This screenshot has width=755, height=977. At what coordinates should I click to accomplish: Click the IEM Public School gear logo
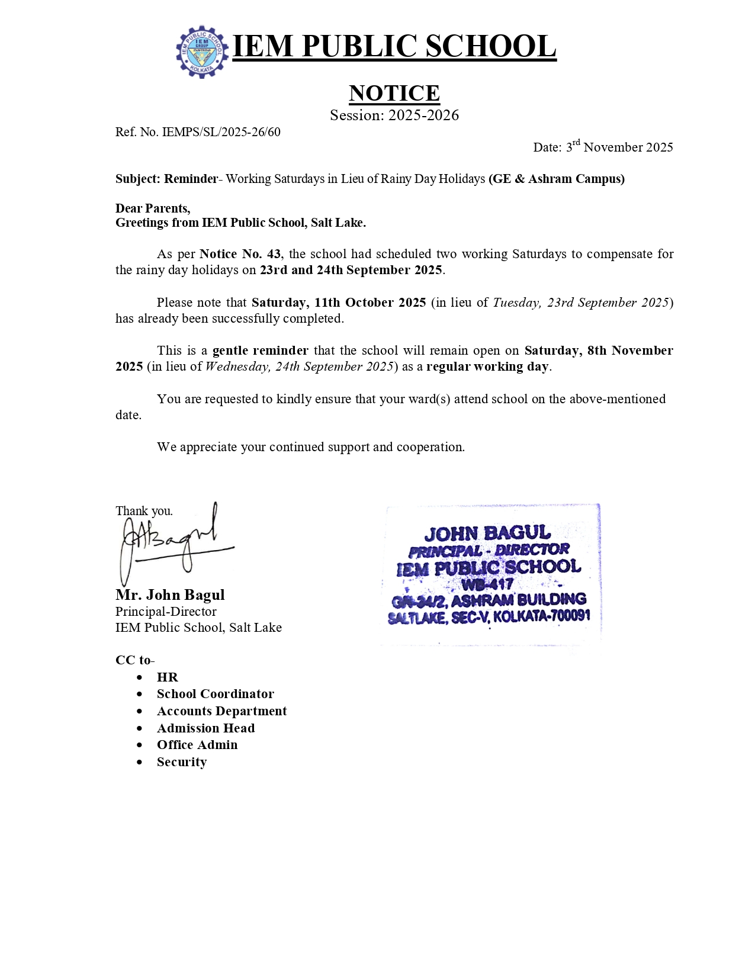[x=202, y=52]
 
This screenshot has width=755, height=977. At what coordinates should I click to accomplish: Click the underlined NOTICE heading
[x=394, y=93]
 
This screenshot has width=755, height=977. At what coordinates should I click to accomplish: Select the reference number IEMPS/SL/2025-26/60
[x=221, y=132]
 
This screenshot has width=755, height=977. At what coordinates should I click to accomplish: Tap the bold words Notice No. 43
[x=240, y=254]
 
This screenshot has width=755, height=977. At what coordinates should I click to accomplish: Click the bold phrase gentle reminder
[x=260, y=351]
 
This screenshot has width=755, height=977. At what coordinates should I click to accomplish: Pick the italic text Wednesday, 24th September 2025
[x=300, y=367]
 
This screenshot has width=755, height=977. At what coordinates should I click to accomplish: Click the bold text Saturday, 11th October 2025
[x=339, y=303]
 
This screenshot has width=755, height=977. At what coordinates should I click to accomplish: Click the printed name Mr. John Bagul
[x=170, y=594]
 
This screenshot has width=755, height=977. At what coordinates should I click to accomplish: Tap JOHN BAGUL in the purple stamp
[x=487, y=534]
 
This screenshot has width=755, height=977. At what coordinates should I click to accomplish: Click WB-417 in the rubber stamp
[x=487, y=584]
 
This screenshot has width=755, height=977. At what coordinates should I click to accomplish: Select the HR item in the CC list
[x=167, y=677]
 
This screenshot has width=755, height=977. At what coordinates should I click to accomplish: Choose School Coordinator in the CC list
[x=215, y=694]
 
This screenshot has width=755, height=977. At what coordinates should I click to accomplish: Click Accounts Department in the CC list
[x=221, y=711]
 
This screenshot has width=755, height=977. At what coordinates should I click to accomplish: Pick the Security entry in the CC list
[x=181, y=762]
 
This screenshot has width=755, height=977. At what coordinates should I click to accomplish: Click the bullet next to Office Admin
[x=139, y=745]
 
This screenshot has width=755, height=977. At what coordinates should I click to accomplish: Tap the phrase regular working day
[x=487, y=367]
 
